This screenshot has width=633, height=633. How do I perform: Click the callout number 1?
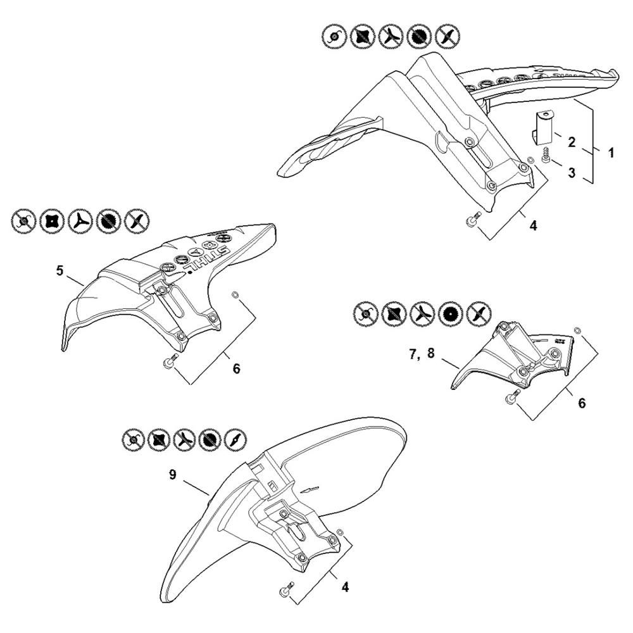click(611, 153)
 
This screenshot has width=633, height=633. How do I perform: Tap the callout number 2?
click(572, 142)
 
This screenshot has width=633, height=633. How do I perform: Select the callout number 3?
click(572, 173)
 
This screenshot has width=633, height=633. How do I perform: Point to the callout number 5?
click(60, 271)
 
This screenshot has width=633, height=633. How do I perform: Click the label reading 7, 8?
click(422, 354)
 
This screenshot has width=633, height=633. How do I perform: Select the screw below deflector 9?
click(285, 589)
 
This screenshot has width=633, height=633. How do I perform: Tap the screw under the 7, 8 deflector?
click(512, 396)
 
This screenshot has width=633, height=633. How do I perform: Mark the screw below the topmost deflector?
click(471, 221)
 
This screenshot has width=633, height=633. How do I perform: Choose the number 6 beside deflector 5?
click(236, 368)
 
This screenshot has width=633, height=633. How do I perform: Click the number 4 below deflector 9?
click(345, 587)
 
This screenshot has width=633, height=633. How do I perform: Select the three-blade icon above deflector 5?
click(80, 221)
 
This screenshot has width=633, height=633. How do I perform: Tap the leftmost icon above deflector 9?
click(132, 439)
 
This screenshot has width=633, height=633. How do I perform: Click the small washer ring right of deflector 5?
click(235, 294)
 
